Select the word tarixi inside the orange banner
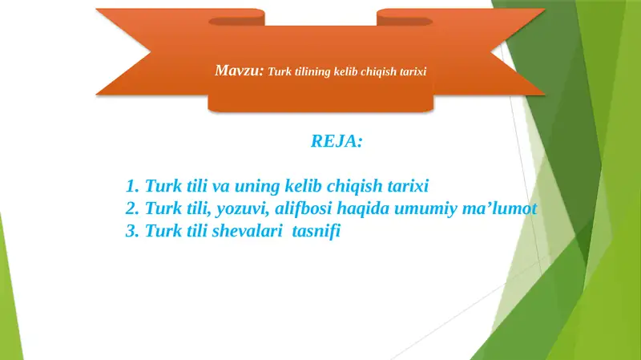point(413,71)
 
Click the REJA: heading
point(337,142)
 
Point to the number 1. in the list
point(133,187)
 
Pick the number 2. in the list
point(133,209)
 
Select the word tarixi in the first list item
point(404,187)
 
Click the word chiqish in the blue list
point(343,187)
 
